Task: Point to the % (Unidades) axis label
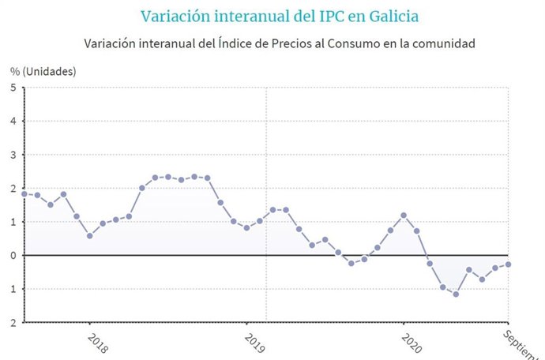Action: (x=43, y=71)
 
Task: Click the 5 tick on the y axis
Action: (x=13, y=88)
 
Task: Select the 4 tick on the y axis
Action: (x=13, y=122)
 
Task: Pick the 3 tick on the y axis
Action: (x=13, y=155)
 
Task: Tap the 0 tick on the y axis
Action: (x=13, y=255)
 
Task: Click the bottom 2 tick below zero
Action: (x=13, y=322)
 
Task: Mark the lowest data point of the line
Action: (x=456, y=294)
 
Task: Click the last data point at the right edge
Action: (x=508, y=264)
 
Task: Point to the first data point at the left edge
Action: (x=24, y=193)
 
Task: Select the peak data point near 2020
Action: (x=404, y=215)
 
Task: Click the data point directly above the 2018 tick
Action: (x=89, y=235)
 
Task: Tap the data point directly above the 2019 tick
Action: (x=246, y=227)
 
